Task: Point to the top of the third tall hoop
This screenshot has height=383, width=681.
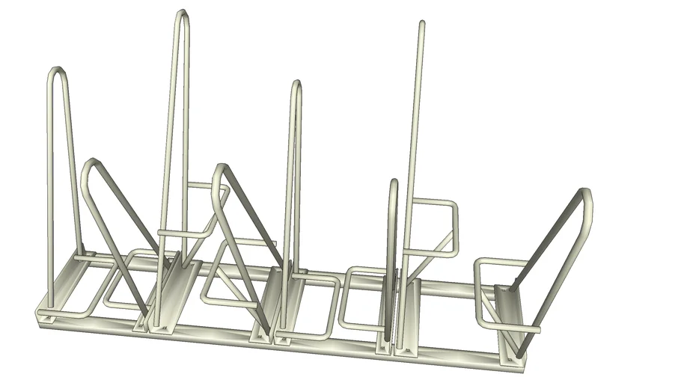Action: pos(297,85)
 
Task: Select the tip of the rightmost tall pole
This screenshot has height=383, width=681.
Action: pos(423,25)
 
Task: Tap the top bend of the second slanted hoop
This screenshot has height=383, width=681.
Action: pos(219,168)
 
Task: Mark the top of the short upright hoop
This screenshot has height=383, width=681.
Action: pos(394,183)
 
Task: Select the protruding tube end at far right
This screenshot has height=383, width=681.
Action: pos(537,328)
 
